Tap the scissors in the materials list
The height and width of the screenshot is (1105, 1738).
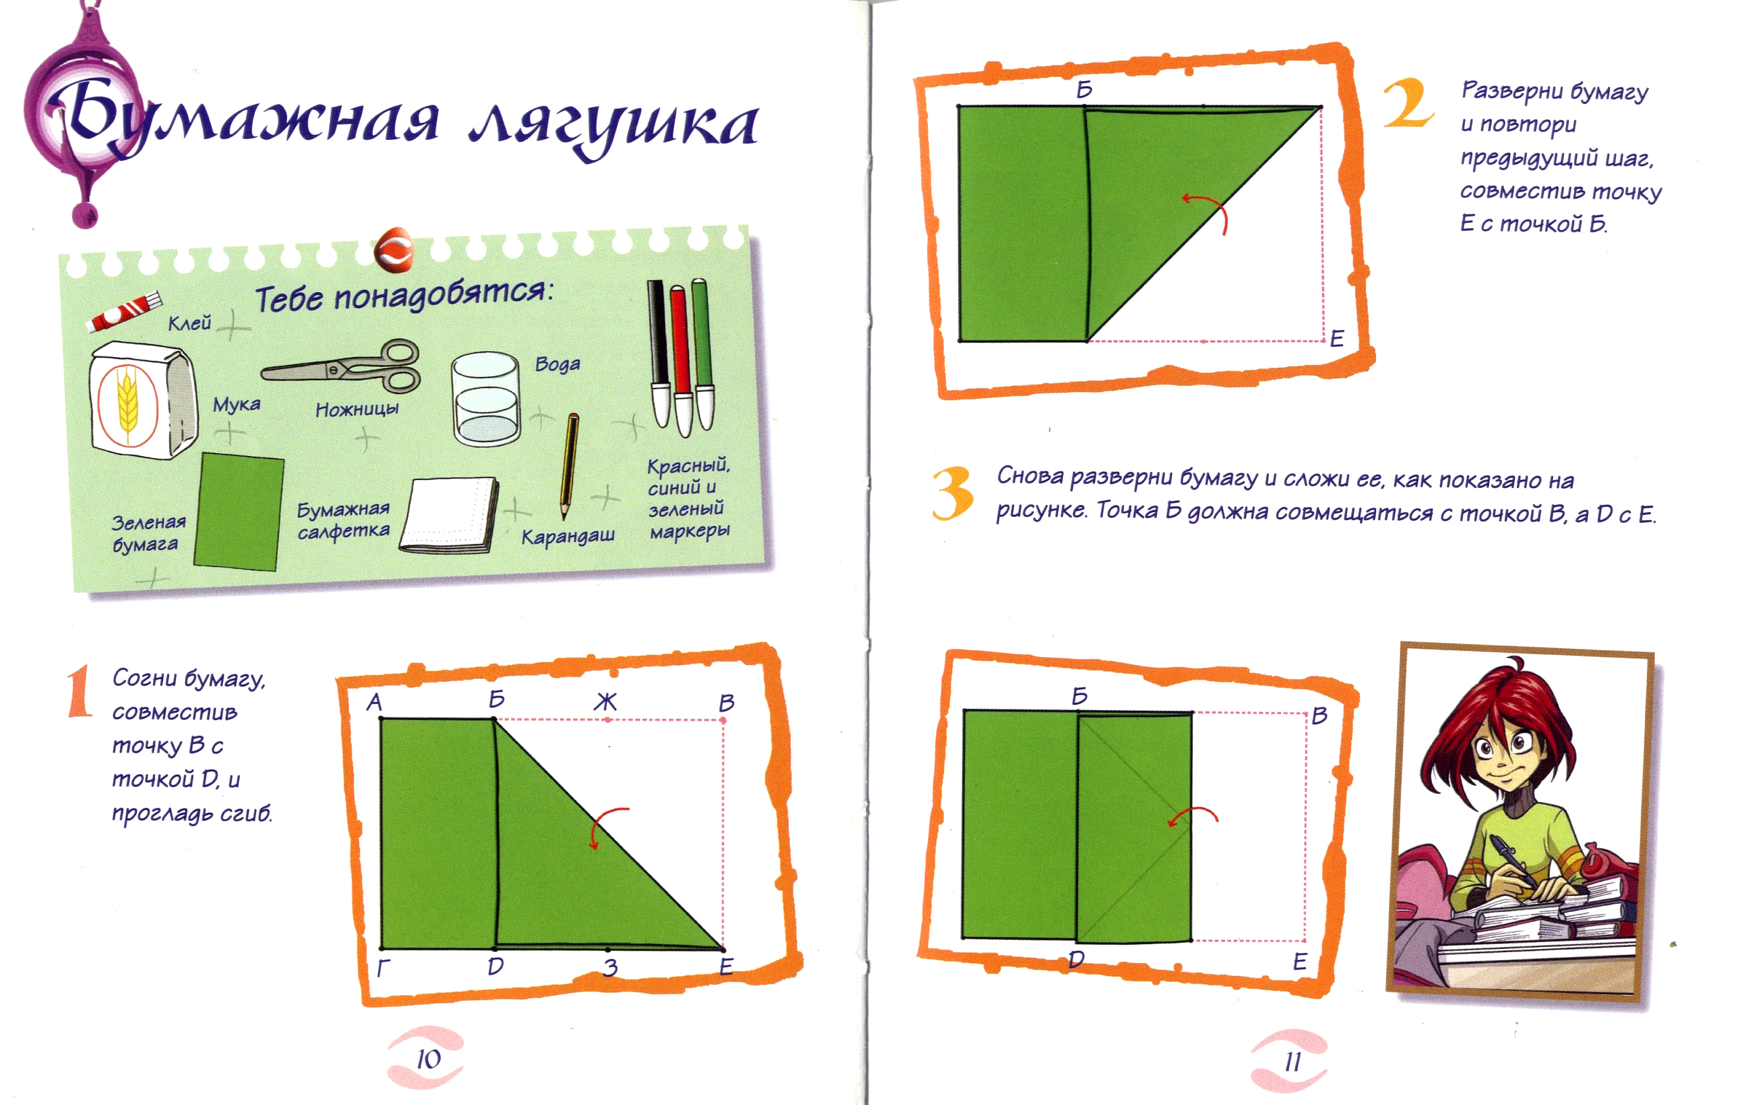[340, 366]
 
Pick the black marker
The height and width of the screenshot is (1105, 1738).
[660, 354]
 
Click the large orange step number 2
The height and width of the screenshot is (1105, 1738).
[1408, 103]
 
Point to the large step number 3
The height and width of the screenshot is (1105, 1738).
[953, 493]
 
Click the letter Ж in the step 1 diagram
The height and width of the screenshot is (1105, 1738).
[605, 701]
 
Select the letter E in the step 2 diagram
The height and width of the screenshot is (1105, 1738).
[1337, 338]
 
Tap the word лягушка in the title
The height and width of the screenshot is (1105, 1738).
[614, 124]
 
